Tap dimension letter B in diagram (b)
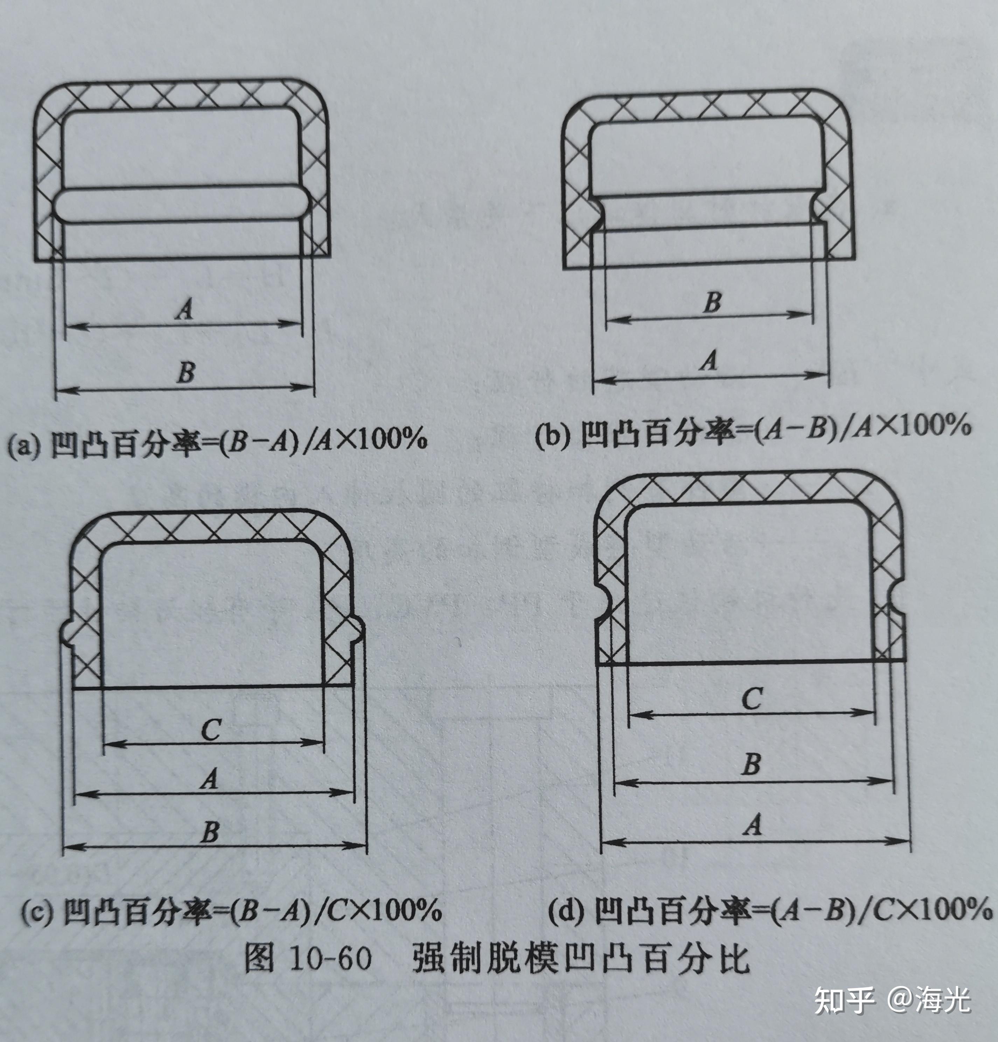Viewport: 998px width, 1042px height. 712,302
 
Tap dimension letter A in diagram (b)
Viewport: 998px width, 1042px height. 709,361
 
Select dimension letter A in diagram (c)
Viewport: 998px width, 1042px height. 209,779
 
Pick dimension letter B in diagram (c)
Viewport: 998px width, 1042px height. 210,831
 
